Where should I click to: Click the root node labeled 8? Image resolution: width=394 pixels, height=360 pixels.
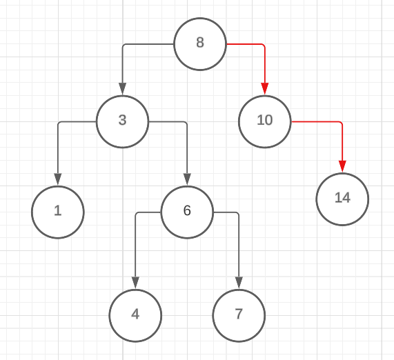pos(200,43)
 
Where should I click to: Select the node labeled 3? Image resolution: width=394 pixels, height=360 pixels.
pos(122,121)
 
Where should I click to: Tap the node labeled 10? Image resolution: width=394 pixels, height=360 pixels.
pos(265,121)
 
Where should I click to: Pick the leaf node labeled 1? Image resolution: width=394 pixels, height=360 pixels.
pos(58,212)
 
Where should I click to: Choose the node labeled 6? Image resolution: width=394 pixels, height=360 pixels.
pos(187,212)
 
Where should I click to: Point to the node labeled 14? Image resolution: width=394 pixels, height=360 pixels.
pos(342,199)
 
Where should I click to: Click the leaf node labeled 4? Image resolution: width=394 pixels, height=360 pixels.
pos(135,315)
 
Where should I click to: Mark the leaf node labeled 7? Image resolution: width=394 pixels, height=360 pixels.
pos(239,315)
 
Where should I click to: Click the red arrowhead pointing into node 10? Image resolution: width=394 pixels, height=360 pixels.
pos(265,89)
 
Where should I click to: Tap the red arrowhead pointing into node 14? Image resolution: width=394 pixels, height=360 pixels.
pos(342,167)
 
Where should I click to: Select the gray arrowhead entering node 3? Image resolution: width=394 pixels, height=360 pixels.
pos(122,89)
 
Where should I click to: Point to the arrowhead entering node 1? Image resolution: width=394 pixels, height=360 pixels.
pos(58,180)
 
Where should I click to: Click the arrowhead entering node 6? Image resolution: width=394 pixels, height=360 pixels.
pos(187,180)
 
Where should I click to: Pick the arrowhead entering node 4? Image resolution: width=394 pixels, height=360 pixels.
pos(135,283)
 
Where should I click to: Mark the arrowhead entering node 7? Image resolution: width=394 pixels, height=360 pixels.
pos(239,283)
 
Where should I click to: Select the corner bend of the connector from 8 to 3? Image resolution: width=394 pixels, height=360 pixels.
pos(123,45)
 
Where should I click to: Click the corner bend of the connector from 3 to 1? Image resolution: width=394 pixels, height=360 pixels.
pos(59,122)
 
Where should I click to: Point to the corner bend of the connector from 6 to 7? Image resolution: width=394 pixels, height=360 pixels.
pos(238,213)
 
